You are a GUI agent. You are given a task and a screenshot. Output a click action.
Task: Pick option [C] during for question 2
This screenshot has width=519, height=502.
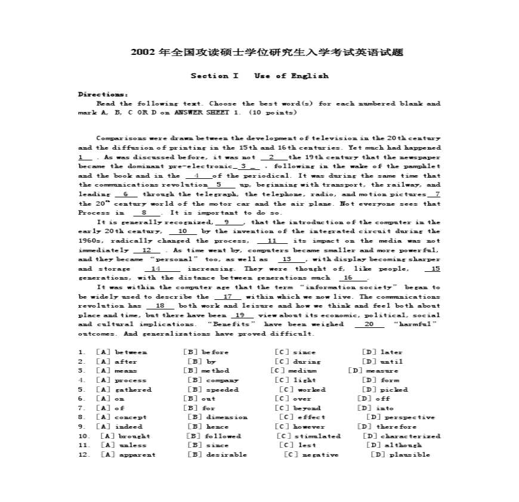click(297, 361)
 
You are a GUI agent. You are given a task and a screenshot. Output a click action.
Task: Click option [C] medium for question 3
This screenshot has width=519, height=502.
click(294, 371)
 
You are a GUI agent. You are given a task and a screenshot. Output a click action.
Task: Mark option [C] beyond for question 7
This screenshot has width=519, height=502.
click(298, 408)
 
